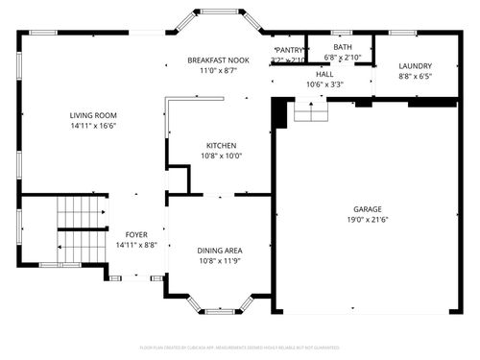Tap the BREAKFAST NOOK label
click(x=217, y=60)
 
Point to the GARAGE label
click(x=367, y=208)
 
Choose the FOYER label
click(x=136, y=234)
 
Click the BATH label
click(x=342, y=47)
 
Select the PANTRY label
click(x=289, y=50)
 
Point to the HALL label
click(x=324, y=74)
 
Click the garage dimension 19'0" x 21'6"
click(x=367, y=220)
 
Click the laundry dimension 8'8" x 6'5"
click(x=416, y=76)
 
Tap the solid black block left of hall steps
click(x=280, y=113)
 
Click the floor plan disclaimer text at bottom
click(x=240, y=347)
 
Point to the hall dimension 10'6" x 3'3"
click(x=324, y=84)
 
